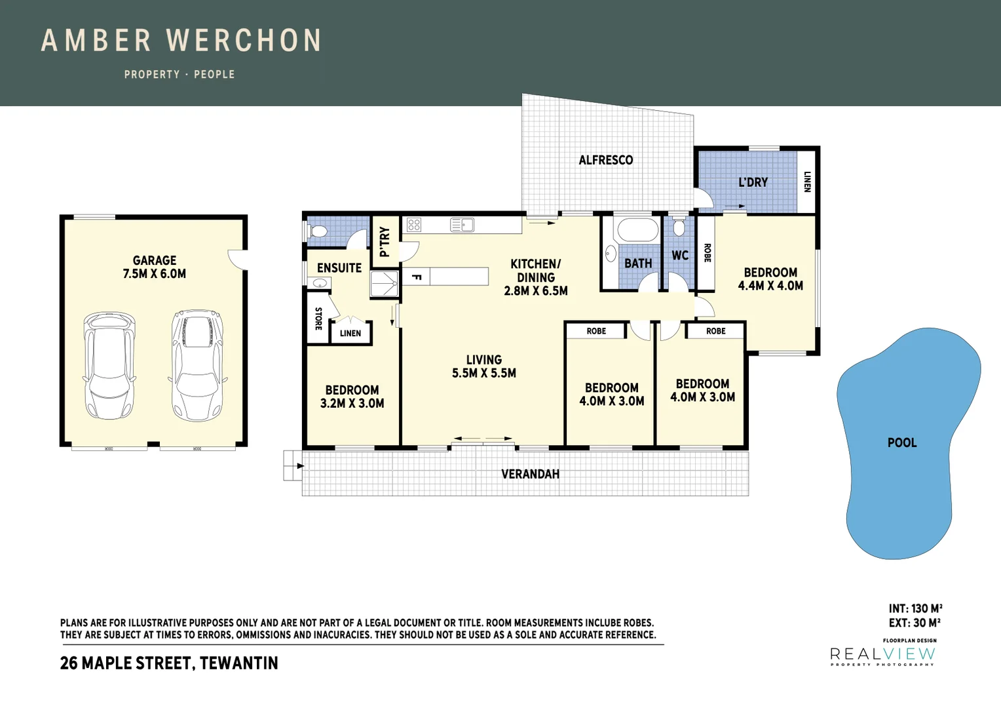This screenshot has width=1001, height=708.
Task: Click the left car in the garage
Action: click(x=109, y=365)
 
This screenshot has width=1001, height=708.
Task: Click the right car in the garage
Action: click(x=197, y=365)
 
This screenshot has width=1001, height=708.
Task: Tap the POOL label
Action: click(x=902, y=442)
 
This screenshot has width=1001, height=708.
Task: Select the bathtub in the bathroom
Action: click(x=637, y=230)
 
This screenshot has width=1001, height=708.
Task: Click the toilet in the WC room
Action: click(x=679, y=227)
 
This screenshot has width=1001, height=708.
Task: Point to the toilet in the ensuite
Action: click(x=318, y=231)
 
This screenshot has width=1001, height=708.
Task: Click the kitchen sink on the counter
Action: click(x=462, y=224)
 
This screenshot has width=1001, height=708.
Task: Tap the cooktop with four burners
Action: click(x=414, y=224)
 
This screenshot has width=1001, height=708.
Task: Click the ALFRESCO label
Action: click(x=605, y=160)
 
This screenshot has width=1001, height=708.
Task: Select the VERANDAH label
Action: click(x=530, y=474)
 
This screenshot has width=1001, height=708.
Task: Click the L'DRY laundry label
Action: click(x=753, y=182)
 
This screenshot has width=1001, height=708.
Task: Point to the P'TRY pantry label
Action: click(x=385, y=242)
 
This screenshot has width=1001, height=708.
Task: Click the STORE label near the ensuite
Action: click(x=318, y=319)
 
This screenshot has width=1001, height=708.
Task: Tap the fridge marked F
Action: click(x=416, y=277)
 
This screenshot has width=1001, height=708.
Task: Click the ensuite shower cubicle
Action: click(x=384, y=284)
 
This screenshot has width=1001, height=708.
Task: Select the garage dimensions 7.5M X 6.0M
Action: click(x=154, y=274)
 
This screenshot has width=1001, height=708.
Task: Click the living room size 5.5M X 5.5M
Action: click(x=484, y=373)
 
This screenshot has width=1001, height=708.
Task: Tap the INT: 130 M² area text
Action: click(x=915, y=608)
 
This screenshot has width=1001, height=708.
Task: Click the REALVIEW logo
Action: click(x=882, y=654)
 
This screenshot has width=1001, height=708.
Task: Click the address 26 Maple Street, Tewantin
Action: click(x=169, y=663)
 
